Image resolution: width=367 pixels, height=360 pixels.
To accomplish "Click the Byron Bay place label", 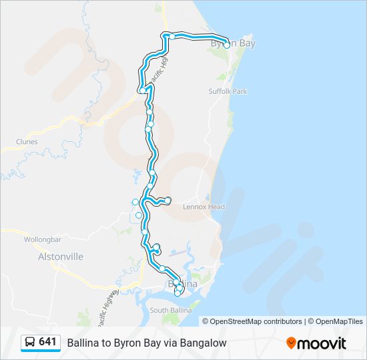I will (234, 43).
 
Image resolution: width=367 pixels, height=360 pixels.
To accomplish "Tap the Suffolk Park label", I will (228, 91).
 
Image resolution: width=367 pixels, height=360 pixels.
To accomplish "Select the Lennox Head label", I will (204, 207).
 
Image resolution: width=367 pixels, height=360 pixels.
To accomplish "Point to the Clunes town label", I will (27, 141).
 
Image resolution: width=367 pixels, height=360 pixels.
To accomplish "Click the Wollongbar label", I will (42, 239).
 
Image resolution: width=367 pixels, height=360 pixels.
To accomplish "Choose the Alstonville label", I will (61, 256).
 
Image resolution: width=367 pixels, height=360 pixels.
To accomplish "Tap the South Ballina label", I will (171, 311).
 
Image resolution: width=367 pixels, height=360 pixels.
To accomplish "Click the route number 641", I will (47, 341).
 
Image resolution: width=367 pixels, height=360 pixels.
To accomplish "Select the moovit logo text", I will (323, 343).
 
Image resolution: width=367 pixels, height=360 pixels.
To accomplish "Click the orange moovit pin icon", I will (292, 343).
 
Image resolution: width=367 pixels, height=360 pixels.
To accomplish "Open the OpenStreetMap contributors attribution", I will (256, 321).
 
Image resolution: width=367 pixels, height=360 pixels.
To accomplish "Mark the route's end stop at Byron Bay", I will (227, 45).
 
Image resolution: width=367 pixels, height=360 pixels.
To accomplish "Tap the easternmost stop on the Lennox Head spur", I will (168, 201).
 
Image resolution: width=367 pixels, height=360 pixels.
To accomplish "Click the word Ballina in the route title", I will (83, 343).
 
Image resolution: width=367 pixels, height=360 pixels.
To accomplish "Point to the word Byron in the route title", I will (127, 343).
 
